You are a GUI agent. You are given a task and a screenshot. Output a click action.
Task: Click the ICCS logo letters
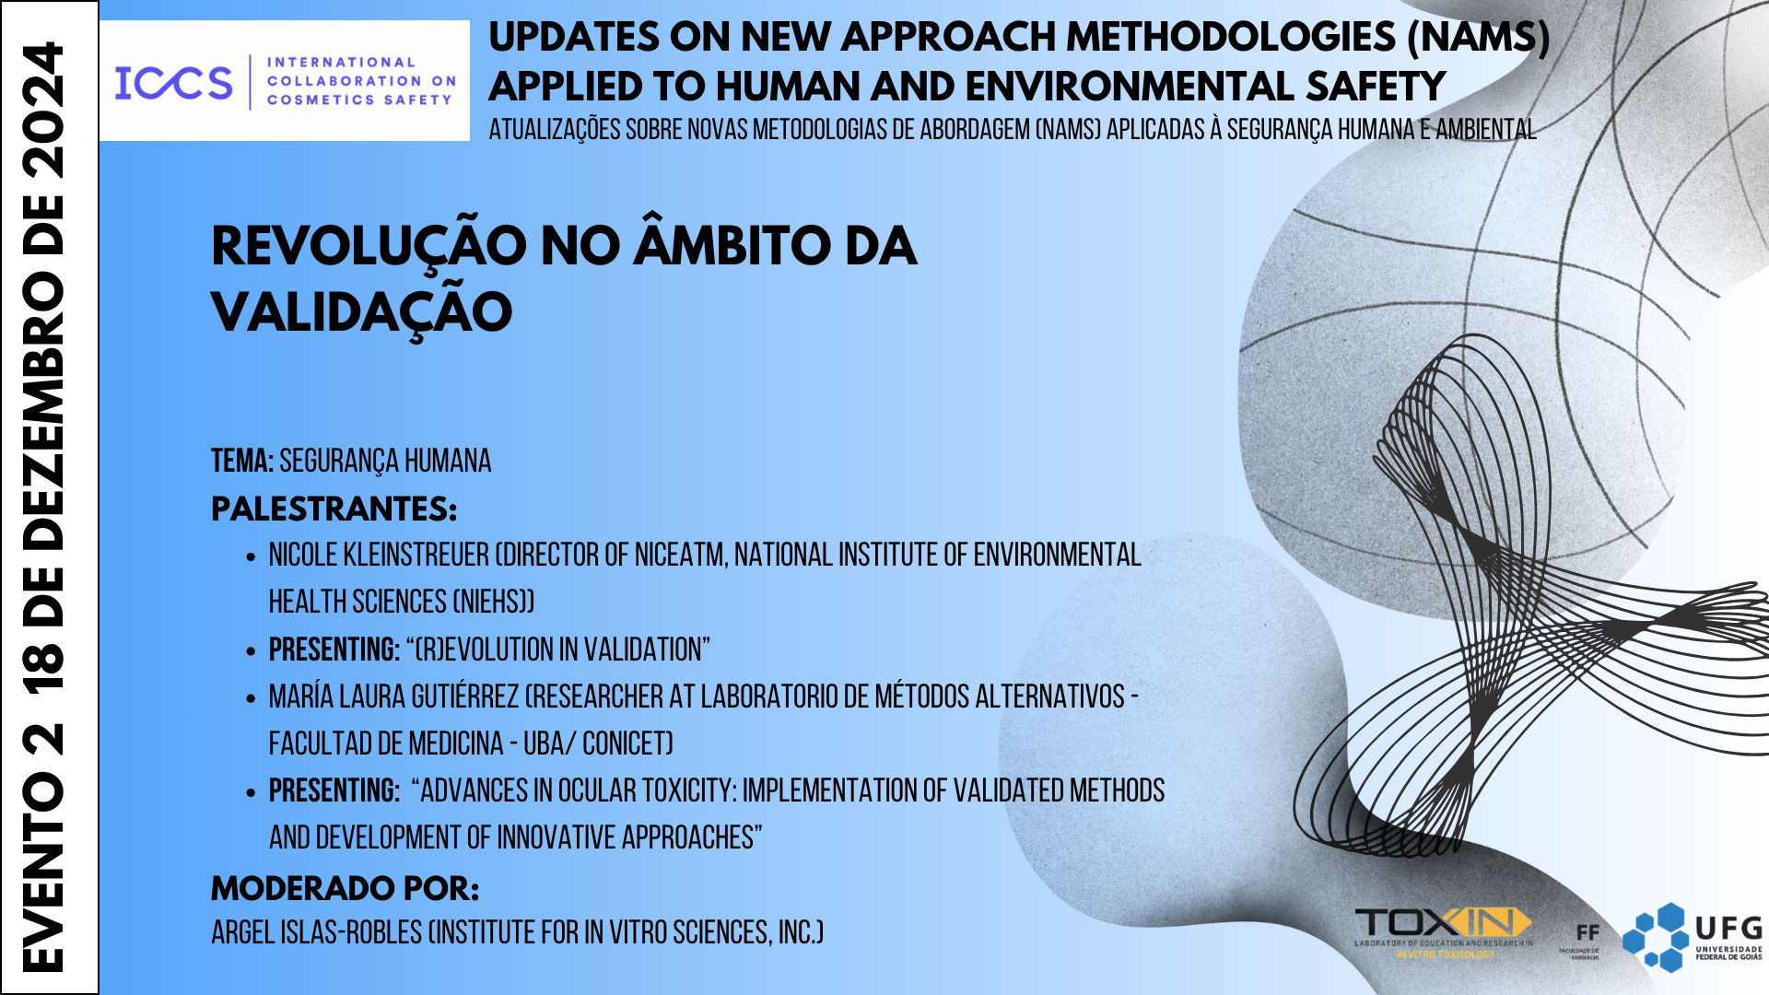(173, 83)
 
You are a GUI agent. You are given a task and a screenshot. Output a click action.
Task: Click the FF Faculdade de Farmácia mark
(1587, 934)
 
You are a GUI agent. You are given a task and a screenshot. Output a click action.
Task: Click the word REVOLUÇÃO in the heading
(369, 247)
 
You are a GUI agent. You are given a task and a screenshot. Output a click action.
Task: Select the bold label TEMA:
(242, 462)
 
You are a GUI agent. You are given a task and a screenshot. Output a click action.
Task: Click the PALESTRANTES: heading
(334, 509)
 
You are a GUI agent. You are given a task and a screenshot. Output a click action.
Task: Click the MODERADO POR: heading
(345, 889)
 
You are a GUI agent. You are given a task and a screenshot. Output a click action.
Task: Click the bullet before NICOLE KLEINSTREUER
(251, 557)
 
